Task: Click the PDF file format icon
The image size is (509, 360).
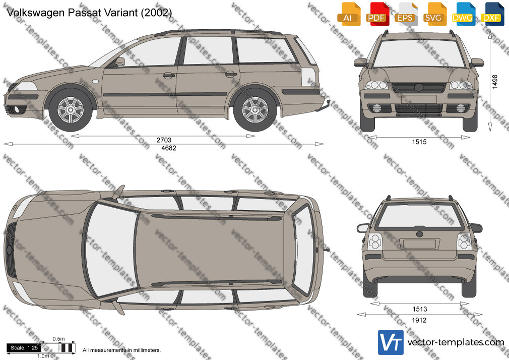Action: tap(376, 14)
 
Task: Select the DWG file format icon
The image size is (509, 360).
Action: tap(463, 14)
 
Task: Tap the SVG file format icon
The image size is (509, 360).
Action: tap(434, 14)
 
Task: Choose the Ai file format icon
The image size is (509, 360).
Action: tap(348, 14)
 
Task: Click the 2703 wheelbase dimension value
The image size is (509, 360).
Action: tap(164, 140)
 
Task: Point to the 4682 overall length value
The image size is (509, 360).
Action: tap(169, 148)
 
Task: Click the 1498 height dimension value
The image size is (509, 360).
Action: tap(495, 82)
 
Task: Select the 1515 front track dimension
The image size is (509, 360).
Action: tap(419, 142)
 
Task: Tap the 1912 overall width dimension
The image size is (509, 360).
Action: tap(419, 320)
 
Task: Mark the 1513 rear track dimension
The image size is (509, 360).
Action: tap(419, 309)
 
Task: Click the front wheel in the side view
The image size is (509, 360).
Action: tap(71, 110)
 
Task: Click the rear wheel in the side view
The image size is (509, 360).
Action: tap(255, 110)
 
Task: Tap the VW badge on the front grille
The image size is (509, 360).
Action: tap(419, 87)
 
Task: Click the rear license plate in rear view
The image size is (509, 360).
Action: tap(419, 244)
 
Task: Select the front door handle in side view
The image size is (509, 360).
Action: tap(168, 76)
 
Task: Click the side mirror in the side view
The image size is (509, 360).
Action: tap(120, 61)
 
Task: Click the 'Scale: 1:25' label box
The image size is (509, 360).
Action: tap(24, 348)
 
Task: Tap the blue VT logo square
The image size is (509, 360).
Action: tap(391, 342)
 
